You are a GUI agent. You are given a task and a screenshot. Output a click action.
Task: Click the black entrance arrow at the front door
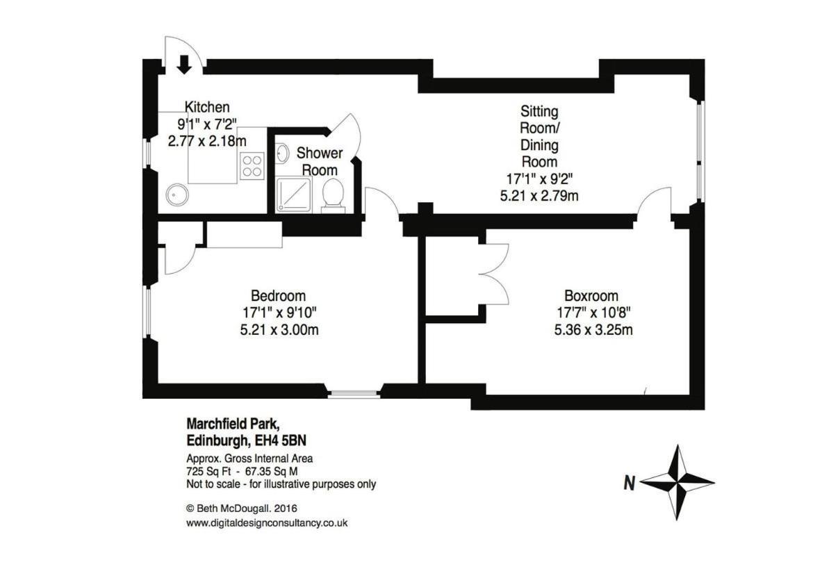pyautogui.click(x=183, y=64)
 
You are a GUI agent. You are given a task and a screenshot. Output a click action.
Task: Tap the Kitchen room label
pyautogui.click(x=207, y=107)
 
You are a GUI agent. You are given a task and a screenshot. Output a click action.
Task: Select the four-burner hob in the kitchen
pyautogui.click(x=252, y=165)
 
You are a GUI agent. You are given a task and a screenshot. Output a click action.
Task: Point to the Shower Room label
pyautogui.click(x=320, y=161)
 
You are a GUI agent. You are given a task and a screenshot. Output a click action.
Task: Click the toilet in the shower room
pyautogui.click(x=333, y=197)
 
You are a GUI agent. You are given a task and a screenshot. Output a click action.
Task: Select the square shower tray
pyautogui.click(x=294, y=195)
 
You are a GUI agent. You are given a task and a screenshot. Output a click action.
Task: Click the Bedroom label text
pyautogui.click(x=279, y=296)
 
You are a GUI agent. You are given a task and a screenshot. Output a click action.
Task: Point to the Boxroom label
pyautogui.click(x=591, y=296)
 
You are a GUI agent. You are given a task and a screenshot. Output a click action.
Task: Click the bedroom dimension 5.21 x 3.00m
pyautogui.click(x=279, y=329)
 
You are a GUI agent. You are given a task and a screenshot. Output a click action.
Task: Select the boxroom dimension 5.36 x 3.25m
pyautogui.click(x=593, y=329)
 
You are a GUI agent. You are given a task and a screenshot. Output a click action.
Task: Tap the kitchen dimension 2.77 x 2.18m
pyautogui.click(x=207, y=140)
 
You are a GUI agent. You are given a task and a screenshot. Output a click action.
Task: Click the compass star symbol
pyautogui.click(x=677, y=482)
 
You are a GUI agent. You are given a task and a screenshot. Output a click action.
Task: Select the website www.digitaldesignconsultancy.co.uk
pyautogui.click(x=267, y=523)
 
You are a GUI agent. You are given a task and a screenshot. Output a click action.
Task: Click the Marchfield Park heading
pyautogui.click(x=233, y=424)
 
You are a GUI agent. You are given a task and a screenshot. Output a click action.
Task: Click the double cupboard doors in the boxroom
pyautogui.click(x=495, y=274)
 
